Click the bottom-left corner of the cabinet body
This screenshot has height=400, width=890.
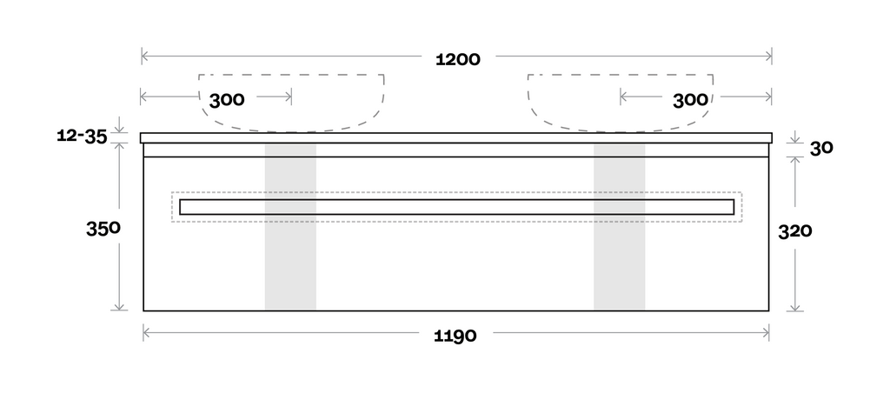click(x=143, y=310)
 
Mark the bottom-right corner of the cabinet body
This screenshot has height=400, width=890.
click(x=768, y=310)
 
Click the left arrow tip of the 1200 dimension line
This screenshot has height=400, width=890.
click(x=142, y=56)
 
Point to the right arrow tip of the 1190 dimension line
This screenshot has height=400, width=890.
click(x=768, y=332)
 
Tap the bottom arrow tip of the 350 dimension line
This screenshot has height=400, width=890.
click(x=119, y=310)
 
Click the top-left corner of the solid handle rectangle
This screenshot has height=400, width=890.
click(x=180, y=199)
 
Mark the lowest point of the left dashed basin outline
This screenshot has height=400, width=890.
click(x=291, y=132)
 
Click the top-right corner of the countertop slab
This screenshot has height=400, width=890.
click(x=772, y=134)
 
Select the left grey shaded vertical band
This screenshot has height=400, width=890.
click(x=290, y=227)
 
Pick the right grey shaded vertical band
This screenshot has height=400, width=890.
click(x=619, y=227)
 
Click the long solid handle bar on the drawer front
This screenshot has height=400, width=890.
click(x=457, y=207)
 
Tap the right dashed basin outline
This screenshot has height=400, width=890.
click(x=621, y=103)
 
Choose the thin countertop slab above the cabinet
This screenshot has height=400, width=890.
click(x=455, y=138)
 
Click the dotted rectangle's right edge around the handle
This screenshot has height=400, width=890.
click(x=742, y=207)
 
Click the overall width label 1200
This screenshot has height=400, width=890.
click(x=458, y=59)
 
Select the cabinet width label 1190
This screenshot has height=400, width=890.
click(x=455, y=336)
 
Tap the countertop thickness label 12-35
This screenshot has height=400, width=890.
click(x=83, y=136)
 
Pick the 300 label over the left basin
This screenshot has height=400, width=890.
click(x=227, y=100)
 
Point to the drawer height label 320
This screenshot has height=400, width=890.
click(x=795, y=231)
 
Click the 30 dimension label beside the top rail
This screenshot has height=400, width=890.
click(x=821, y=148)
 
